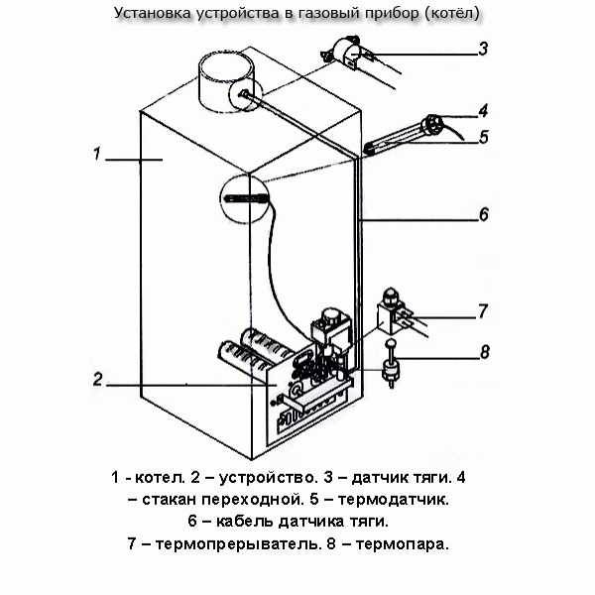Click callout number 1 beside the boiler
(96, 156)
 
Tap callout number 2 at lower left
(97, 378)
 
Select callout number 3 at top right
(482, 49)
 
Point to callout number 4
(483, 110)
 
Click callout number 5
(483, 137)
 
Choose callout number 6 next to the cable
(483, 213)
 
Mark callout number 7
(483, 311)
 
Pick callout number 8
(483, 350)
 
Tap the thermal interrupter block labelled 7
(397, 313)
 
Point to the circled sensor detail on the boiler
(242, 198)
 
